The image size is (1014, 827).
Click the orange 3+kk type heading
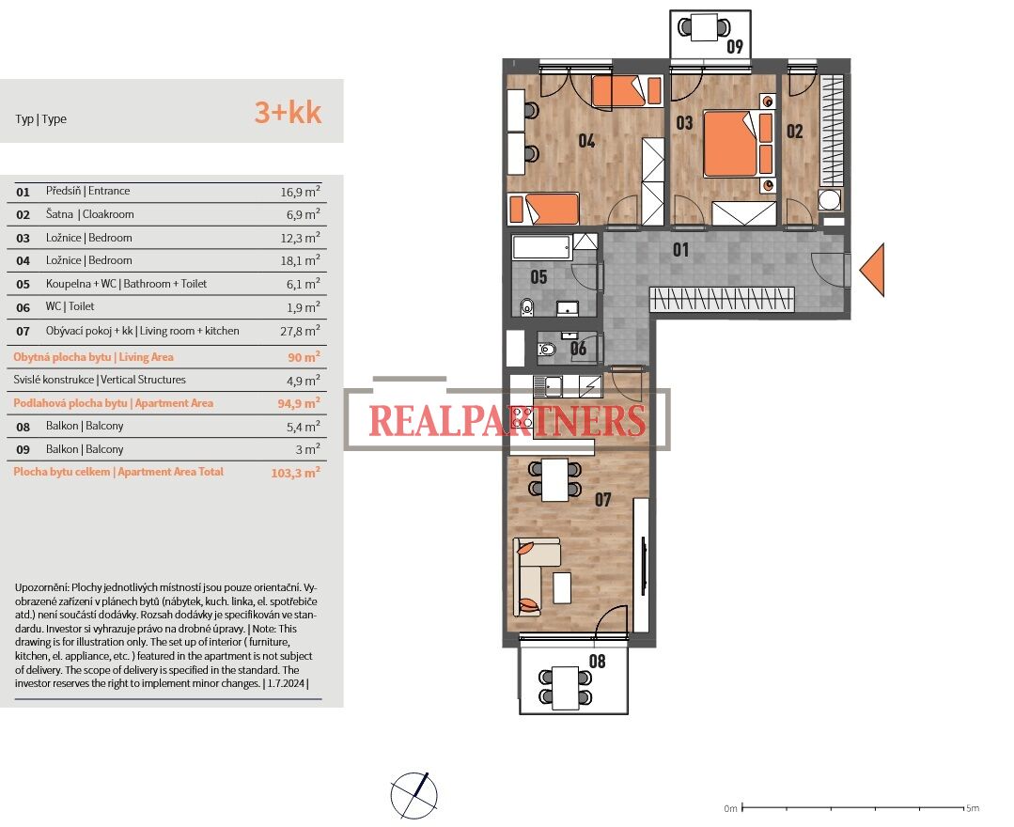(288, 113)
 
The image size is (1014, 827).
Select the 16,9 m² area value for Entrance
(300, 192)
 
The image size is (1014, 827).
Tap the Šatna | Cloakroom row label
(90, 214)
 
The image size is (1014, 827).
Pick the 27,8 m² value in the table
(300, 331)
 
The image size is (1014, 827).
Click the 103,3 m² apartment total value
(295, 472)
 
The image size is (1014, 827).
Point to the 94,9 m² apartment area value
(299, 403)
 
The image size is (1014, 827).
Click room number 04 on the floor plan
(586, 140)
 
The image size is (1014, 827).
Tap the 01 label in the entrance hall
(681, 250)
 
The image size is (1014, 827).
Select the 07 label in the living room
(602, 499)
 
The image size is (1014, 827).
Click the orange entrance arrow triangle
(873, 270)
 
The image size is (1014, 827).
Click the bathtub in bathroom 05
(542, 248)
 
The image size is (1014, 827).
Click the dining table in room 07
(554, 479)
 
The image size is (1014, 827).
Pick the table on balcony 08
(565, 687)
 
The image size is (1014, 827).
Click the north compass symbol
(413, 795)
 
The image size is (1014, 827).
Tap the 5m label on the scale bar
(973, 807)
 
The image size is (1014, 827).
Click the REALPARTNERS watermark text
(507, 420)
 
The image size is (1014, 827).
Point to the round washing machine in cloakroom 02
(830, 199)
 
